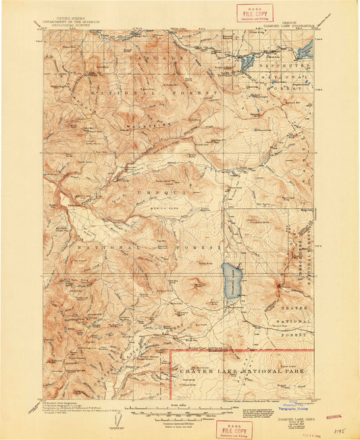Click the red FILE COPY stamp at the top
pos(255,12)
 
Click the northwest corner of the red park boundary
pos(170,351)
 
